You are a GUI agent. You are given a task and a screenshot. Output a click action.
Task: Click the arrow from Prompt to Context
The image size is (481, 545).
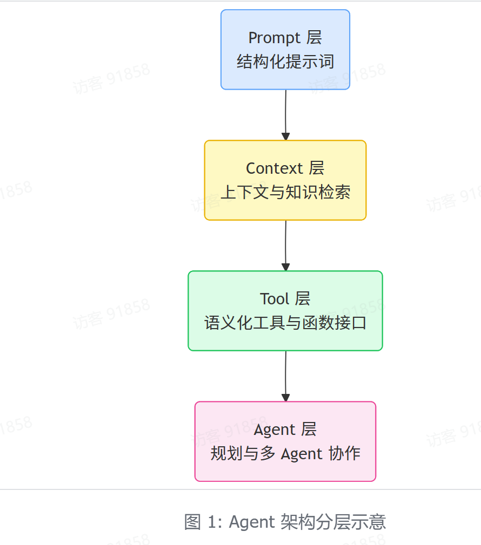(x=285, y=113)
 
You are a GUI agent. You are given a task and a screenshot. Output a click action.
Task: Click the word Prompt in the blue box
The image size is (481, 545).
(x=274, y=38)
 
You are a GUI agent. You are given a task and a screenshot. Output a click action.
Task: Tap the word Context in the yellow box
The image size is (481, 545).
(x=274, y=168)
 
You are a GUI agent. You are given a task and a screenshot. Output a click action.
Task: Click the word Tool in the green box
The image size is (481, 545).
(x=274, y=298)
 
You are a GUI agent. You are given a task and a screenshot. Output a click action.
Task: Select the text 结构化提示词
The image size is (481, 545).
(x=285, y=62)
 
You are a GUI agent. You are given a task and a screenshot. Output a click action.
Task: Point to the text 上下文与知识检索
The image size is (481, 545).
(x=285, y=192)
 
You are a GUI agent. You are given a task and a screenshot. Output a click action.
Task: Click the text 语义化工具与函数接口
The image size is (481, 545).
(x=285, y=323)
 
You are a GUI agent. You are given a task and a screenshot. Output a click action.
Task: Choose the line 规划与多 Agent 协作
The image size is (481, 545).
(x=285, y=453)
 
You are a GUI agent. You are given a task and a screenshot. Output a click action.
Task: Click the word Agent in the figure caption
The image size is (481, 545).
(x=252, y=522)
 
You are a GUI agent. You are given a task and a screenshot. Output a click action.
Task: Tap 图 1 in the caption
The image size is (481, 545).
(x=200, y=522)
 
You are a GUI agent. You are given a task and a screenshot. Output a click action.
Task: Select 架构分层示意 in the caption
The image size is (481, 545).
(x=333, y=522)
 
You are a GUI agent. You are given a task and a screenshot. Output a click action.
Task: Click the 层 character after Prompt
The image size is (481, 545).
(x=314, y=38)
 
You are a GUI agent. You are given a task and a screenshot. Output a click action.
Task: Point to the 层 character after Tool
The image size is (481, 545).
(x=303, y=298)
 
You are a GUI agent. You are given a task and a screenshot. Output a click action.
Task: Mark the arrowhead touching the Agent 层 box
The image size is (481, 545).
(x=285, y=398)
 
